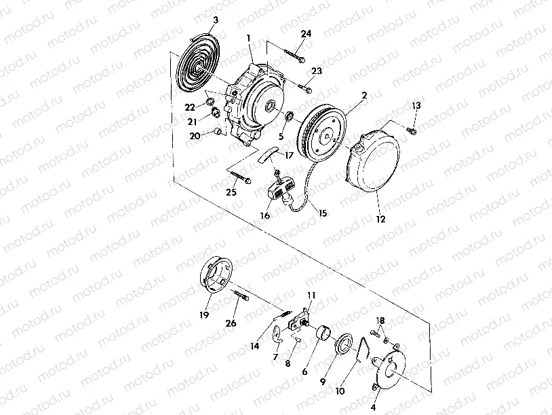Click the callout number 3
(x=216, y=20)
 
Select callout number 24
(x=306, y=34)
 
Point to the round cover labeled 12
(x=376, y=163)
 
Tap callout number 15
(x=322, y=213)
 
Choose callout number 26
(x=231, y=323)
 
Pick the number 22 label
(x=191, y=107)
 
